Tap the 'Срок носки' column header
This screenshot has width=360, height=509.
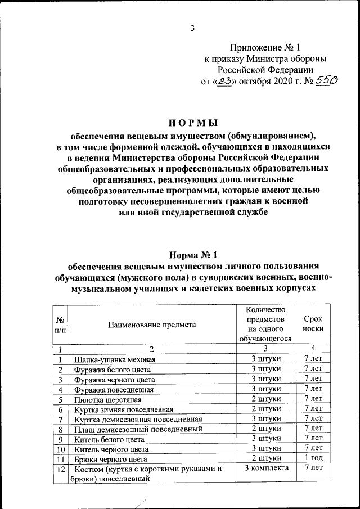(313, 325)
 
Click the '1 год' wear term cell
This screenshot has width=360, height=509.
(313, 458)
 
